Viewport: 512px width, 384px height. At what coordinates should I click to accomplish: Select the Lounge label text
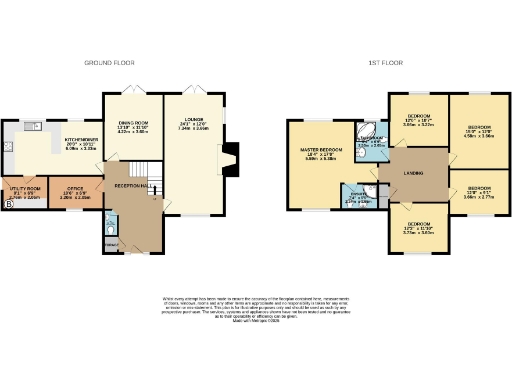coord(193,126)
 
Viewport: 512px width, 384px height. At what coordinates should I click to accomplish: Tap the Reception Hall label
coord(133,187)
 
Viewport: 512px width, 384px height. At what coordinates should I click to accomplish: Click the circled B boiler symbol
coord(9,205)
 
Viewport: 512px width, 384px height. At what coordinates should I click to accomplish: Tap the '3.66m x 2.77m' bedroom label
coord(478,193)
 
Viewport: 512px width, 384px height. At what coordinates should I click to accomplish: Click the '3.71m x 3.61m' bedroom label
coord(419,227)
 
